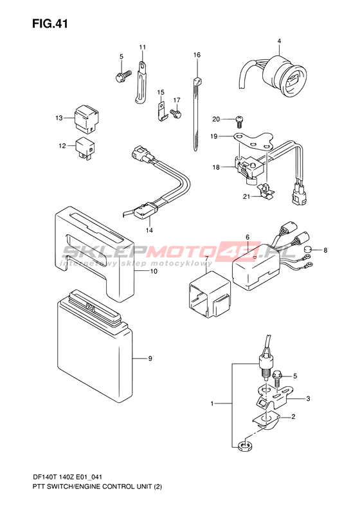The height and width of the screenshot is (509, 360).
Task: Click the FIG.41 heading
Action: (50, 24)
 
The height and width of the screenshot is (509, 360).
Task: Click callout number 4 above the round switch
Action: (279, 41)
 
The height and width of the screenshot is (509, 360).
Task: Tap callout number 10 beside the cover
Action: (154, 271)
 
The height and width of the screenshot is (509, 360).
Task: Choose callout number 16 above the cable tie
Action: (197, 55)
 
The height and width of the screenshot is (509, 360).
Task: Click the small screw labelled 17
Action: (175, 113)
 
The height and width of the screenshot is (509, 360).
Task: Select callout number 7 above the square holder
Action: (206, 259)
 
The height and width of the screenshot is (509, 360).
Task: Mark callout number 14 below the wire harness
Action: (149, 230)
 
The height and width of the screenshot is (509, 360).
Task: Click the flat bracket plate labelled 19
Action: (255, 141)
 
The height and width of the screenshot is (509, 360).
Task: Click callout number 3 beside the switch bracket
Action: (308, 398)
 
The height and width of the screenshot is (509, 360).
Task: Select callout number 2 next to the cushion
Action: (293, 416)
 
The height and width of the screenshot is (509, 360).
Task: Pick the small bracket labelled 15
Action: (162, 111)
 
